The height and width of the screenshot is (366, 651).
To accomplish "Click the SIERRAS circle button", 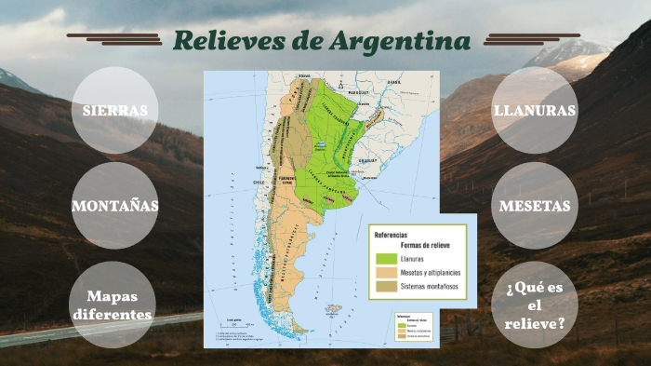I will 114,111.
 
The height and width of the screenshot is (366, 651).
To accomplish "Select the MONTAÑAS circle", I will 114,206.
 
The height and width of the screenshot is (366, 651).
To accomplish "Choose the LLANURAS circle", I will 535,111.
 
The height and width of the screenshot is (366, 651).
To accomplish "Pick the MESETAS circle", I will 535,206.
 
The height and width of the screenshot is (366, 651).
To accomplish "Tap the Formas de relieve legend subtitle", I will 409,244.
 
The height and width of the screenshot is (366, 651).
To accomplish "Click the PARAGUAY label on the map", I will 358,94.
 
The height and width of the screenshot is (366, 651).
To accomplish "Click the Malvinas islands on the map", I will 333,308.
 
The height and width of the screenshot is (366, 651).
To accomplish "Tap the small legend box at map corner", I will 409,325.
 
